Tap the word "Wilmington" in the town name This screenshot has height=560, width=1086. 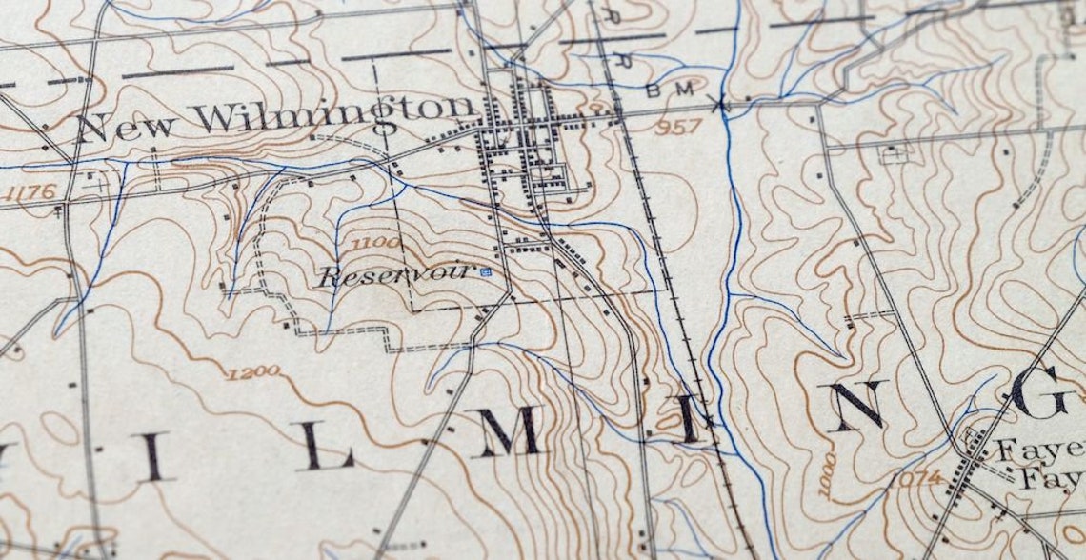[334, 114]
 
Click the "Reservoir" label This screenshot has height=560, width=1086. [396, 276]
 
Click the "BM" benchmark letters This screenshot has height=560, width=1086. [664, 91]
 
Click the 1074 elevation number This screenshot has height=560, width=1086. [917, 477]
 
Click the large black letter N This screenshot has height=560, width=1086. [856, 406]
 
